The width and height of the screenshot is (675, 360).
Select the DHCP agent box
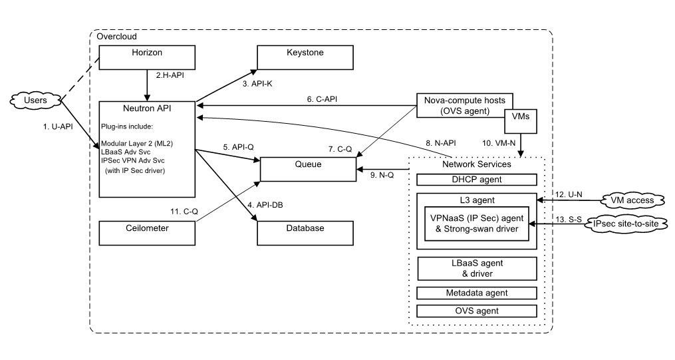[476, 179]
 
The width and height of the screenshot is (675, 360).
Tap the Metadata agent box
[476, 293]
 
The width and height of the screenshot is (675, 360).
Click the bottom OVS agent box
[476, 311]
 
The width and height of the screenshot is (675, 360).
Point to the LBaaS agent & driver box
[476, 268]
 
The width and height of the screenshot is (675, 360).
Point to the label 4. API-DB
[266, 204]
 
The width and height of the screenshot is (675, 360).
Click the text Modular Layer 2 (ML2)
[141, 142]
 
